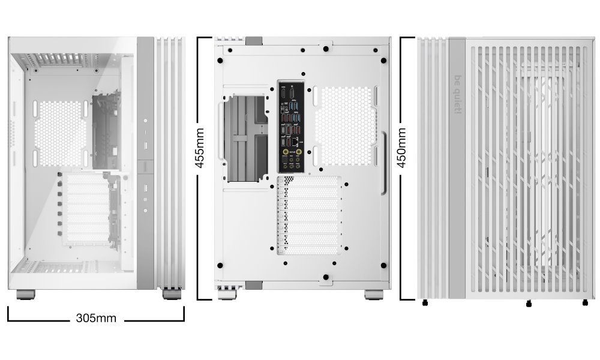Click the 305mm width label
[96, 317]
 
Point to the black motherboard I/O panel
[291, 125]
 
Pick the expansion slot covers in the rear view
[310, 216]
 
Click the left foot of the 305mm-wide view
[25, 294]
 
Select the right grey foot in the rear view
[374, 295]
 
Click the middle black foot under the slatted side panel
[529, 304]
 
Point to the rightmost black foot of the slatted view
[585, 302]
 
